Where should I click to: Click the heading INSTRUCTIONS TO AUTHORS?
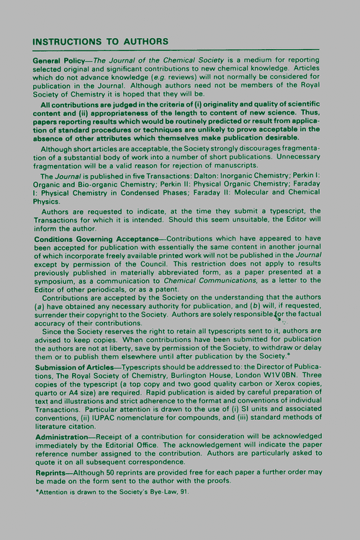point(101,41)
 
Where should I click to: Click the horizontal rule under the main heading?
point(176,50)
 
